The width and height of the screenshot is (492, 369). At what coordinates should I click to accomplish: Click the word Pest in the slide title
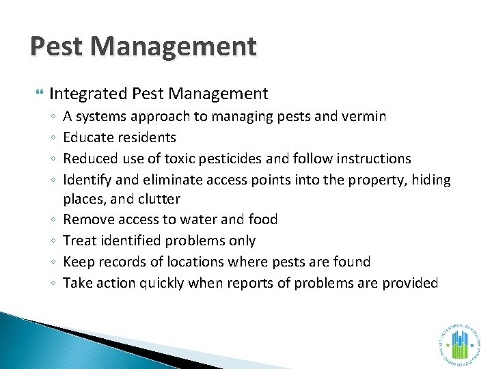(x=57, y=47)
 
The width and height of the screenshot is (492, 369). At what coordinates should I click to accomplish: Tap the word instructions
(x=369, y=159)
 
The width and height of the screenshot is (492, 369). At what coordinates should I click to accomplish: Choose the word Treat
(x=79, y=241)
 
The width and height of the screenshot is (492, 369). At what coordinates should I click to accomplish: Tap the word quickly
(x=161, y=282)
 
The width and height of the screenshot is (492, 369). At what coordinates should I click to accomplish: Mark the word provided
(x=408, y=282)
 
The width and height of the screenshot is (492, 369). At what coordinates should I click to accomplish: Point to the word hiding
(x=428, y=180)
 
